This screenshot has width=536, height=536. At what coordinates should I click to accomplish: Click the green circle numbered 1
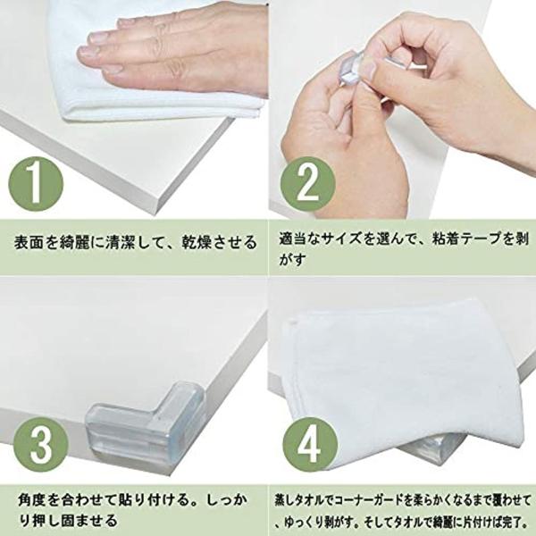(x=36, y=184)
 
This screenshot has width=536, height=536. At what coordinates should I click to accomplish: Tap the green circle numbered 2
(x=307, y=184)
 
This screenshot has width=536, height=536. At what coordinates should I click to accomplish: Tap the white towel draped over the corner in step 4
(x=404, y=380)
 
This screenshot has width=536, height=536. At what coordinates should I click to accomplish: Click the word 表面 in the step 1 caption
(x=29, y=242)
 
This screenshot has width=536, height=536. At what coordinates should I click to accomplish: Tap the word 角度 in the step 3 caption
(x=33, y=500)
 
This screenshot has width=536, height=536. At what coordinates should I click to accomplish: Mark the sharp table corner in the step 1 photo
(x=158, y=213)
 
